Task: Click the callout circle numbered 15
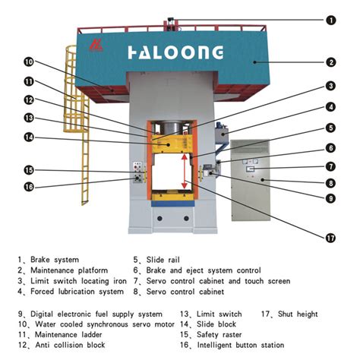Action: pyautogui.click(x=28, y=169)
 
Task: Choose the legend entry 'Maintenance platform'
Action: pyautogui.click(x=69, y=270)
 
